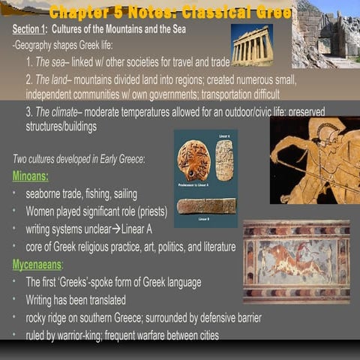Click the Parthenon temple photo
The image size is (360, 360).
click(x=251, y=45)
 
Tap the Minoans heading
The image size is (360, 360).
click(x=31, y=177)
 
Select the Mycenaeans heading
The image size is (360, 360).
click(x=38, y=265)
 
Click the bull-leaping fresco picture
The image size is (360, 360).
click(x=296, y=262)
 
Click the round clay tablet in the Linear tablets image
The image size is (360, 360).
click(x=193, y=160)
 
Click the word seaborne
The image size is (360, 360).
click(x=46, y=193)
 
